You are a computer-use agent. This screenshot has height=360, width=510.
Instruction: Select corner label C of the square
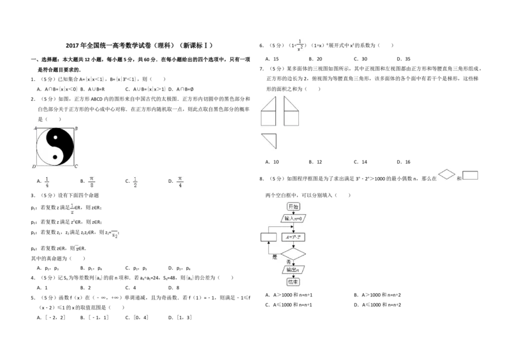click(x=76, y=166)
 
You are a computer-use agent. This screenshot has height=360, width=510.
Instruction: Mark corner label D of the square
click(x=34, y=166)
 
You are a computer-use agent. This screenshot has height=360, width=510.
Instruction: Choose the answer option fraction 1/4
click(x=46, y=182)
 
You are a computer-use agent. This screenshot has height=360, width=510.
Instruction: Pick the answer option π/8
click(x=92, y=182)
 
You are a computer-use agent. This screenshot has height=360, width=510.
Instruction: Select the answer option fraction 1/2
click(x=135, y=182)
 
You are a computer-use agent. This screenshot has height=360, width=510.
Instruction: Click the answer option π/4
click(x=180, y=182)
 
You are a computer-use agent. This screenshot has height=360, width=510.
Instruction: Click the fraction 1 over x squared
click(x=300, y=45)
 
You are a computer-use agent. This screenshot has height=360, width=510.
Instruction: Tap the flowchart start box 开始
click(x=293, y=206)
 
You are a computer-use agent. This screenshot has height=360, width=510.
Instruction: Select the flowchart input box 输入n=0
click(x=293, y=218)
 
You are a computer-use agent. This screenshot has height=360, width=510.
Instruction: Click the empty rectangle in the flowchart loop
click(x=268, y=237)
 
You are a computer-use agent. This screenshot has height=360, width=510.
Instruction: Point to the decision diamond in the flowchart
click(x=293, y=254)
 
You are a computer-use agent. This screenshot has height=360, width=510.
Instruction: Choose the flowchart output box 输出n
click(x=293, y=270)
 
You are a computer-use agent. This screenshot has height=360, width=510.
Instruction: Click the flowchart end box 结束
click(x=293, y=282)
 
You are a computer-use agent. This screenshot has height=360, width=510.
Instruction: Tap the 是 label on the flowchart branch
click(x=275, y=256)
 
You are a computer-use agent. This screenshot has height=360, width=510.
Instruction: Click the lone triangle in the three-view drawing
click(x=270, y=140)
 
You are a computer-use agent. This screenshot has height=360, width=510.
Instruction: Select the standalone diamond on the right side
click(x=447, y=174)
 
